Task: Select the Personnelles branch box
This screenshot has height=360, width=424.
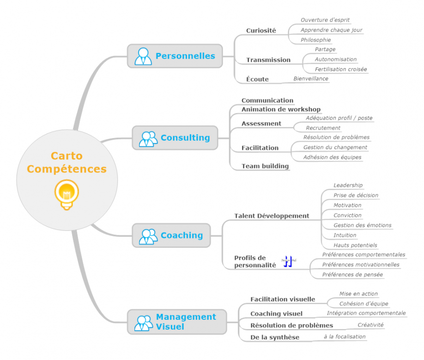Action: click(x=175, y=56)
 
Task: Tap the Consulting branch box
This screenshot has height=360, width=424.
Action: click(x=175, y=138)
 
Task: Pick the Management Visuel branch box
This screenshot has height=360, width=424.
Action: click(x=177, y=322)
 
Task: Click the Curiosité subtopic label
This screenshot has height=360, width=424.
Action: click(x=261, y=30)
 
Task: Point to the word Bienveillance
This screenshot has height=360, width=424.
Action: click(x=311, y=78)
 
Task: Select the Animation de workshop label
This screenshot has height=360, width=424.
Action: click(x=281, y=109)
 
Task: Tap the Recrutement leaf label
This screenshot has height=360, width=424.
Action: click(x=323, y=128)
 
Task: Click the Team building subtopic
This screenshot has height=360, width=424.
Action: click(x=265, y=166)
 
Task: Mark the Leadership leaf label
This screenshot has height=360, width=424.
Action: click(x=348, y=185)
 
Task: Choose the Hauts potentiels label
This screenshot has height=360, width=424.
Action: click(x=355, y=245)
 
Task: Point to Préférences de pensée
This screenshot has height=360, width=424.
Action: click(x=352, y=275)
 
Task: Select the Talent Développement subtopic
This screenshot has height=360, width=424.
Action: click(x=272, y=216)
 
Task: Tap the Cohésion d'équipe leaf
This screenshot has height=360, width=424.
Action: click(x=363, y=304)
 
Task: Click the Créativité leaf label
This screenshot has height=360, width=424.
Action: click(x=370, y=325)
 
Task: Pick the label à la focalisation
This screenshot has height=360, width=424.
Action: click(x=345, y=336)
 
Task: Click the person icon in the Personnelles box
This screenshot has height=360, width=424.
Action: click(x=143, y=56)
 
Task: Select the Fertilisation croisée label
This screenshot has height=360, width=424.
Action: click(x=341, y=69)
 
